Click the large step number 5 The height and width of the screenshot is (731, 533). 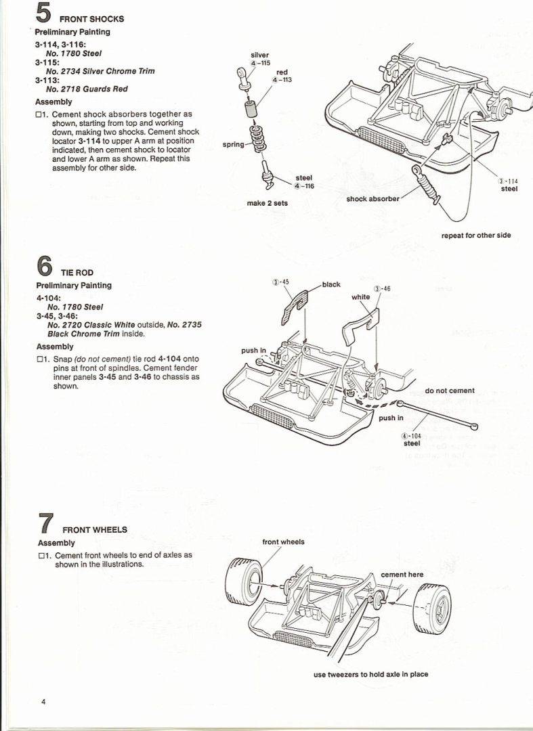pyautogui.click(x=45, y=14)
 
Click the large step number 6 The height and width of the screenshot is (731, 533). pyautogui.click(x=44, y=266)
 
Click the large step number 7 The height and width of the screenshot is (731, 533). pyautogui.click(x=45, y=524)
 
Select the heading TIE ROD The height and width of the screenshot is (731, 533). pyautogui.click(x=77, y=272)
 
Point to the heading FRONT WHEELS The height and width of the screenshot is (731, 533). pyautogui.click(x=94, y=529)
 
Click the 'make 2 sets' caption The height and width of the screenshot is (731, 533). pyautogui.click(x=267, y=203)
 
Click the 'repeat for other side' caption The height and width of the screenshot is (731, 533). pyautogui.click(x=475, y=236)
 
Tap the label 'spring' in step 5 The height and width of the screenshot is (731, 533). pyautogui.click(x=233, y=145)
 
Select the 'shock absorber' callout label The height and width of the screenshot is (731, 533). pyautogui.click(x=372, y=199)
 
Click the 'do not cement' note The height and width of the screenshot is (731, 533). pyautogui.click(x=450, y=391)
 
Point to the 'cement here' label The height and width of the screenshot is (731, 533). pyautogui.click(x=402, y=575)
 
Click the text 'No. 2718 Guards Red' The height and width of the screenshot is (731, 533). pyautogui.click(x=87, y=89)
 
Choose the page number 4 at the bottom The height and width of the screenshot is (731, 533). pyautogui.click(x=43, y=702)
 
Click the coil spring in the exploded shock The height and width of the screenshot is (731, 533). pyautogui.click(x=257, y=138)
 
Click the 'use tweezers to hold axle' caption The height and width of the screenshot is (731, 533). pyautogui.click(x=370, y=674)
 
